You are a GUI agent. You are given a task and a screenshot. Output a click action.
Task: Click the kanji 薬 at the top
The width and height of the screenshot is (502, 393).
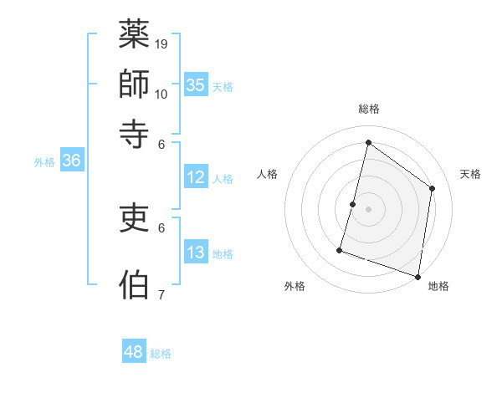(135, 35)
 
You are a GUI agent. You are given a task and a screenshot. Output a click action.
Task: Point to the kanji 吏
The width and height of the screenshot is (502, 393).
(135, 218)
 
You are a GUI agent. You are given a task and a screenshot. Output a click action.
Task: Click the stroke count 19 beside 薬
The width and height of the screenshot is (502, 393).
(162, 43)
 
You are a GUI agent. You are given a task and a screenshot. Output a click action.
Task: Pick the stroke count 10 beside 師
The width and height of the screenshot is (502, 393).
(162, 93)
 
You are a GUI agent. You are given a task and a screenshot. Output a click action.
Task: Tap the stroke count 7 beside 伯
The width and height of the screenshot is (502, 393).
(161, 294)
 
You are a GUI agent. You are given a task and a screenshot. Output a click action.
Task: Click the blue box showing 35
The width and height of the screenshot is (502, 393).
(196, 84)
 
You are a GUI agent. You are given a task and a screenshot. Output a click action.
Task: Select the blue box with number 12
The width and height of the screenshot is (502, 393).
(196, 177)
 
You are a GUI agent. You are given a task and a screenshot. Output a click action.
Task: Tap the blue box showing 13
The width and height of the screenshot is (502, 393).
(196, 253)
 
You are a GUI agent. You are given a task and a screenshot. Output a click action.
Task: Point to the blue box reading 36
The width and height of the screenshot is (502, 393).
(71, 161)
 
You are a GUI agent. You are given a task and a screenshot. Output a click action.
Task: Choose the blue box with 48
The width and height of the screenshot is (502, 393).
(134, 352)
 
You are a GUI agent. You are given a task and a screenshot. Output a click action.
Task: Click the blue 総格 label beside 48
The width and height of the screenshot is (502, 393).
(161, 354)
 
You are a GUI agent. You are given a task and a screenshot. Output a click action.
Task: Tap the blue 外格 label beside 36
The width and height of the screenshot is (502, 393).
(44, 162)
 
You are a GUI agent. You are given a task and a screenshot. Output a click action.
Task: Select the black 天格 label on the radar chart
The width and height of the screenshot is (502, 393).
(470, 174)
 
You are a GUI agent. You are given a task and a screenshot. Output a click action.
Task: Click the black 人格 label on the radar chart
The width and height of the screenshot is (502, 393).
(267, 174)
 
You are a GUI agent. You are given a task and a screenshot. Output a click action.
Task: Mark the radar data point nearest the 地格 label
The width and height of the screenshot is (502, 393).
(417, 276)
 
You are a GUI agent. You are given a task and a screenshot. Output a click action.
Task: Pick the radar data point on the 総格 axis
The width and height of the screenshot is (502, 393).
(368, 142)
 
